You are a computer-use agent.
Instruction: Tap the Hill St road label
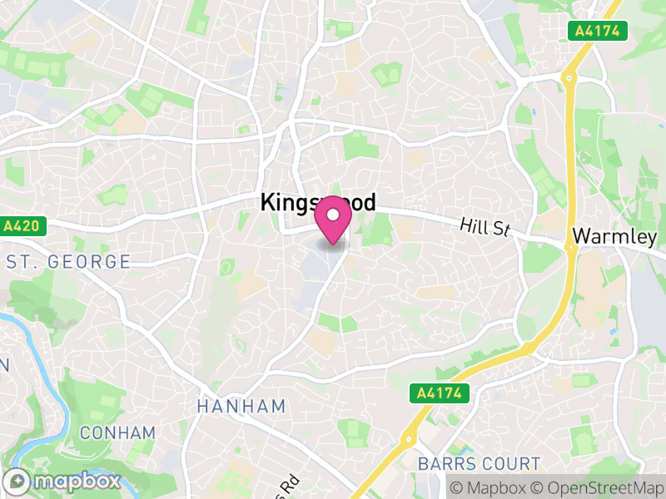pos(485,225)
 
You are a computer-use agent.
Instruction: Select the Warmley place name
pos(614,237)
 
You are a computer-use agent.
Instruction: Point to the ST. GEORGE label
pos(68,262)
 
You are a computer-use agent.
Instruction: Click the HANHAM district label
pos(241,407)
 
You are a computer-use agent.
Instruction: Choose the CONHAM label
pos(117,432)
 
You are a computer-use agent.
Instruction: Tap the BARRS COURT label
pos(480,463)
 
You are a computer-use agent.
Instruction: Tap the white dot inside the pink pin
pos(333,215)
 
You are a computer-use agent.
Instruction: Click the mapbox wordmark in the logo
pos(75,482)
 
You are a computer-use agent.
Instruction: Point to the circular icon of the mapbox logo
pos(18,482)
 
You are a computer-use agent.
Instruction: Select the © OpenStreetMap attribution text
pos(596,487)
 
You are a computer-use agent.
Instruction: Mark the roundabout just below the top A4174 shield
pos(569,77)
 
